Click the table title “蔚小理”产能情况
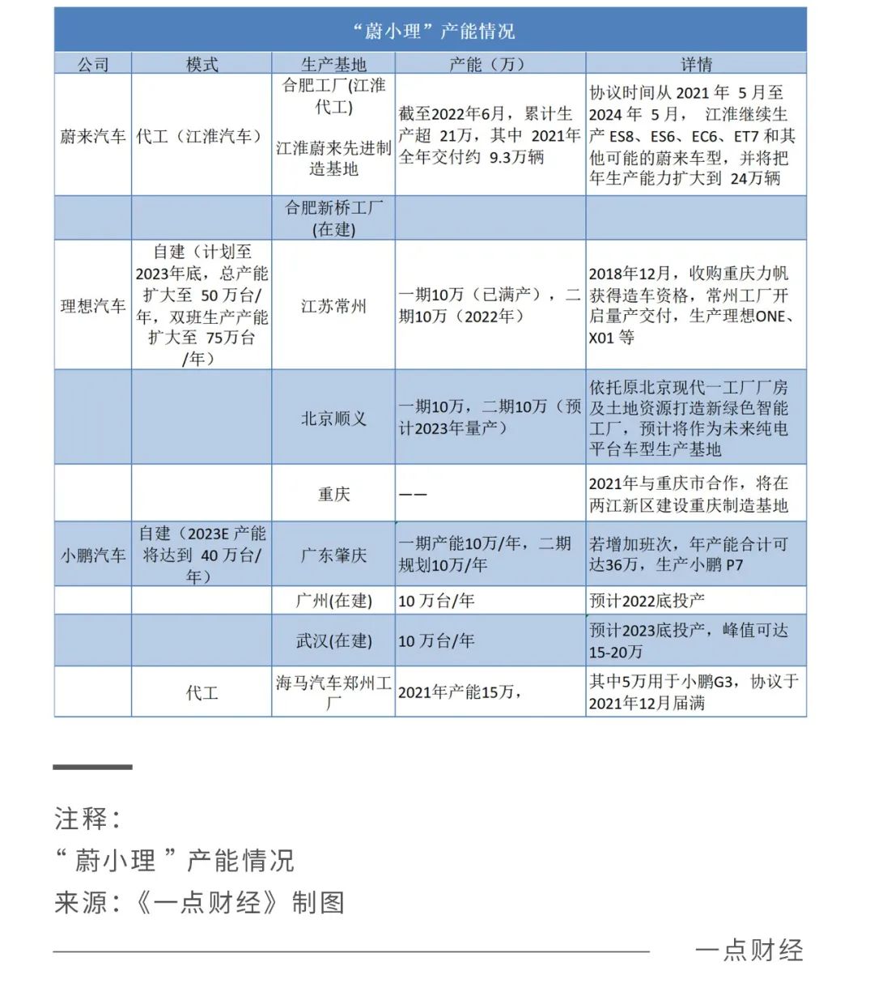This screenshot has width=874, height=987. pyautogui.click(x=434, y=31)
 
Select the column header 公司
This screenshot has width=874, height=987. pyautogui.click(x=93, y=64)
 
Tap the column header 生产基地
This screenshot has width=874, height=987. pyautogui.click(x=333, y=64)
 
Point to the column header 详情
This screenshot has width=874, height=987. pyautogui.click(x=696, y=64)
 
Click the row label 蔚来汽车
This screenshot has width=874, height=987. pyautogui.click(x=93, y=136)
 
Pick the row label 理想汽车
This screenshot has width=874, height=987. pyautogui.click(x=93, y=306)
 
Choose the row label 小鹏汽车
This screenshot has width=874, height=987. pyautogui.click(x=93, y=555)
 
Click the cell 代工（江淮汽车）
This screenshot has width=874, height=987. pyautogui.click(x=202, y=136)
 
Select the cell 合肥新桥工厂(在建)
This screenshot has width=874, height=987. pyautogui.click(x=333, y=218)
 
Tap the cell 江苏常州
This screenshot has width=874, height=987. pyautogui.click(x=333, y=306)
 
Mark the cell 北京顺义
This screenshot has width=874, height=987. pyautogui.click(x=333, y=418)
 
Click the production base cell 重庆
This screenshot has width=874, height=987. pyautogui.click(x=333, y=493)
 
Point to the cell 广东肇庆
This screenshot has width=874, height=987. pyautogui.click(x=333, y=555)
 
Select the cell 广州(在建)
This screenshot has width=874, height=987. pyautogui.click(x=333, y=601)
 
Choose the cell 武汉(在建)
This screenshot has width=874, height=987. pyautogui.click(x=333, y=640)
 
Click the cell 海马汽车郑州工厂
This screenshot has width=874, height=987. pyautogui.click(x=333, y=692)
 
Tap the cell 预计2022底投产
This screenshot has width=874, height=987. pyautogui.click(x=647, y=601)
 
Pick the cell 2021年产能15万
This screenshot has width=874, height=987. pyautogui.click(x=458, y=692)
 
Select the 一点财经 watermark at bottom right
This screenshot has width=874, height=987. pyautogui.click(x=749, y=950)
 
